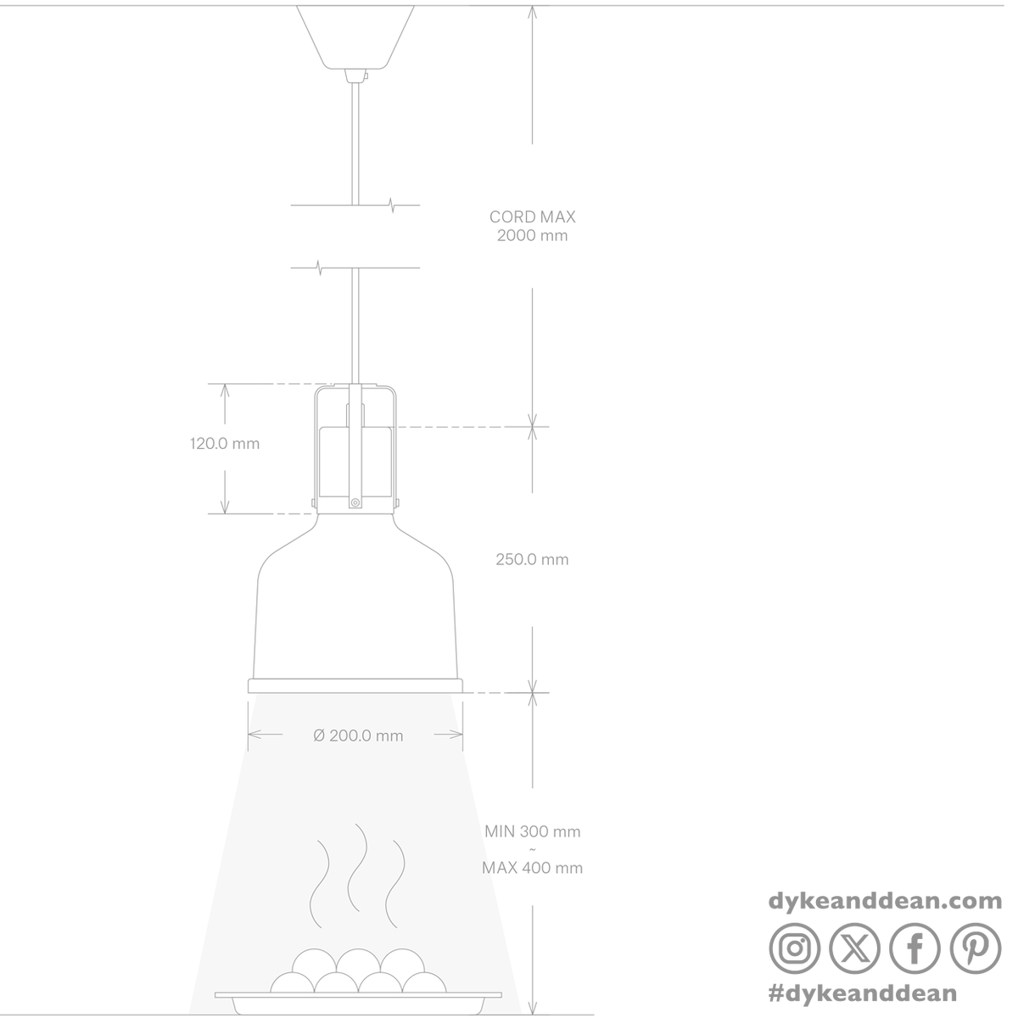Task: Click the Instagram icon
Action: pyautogui.click(x=795, y=948)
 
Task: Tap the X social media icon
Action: pyautogui.click(x=855, y=948)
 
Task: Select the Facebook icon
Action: pyautogui.click(x=915, y=948)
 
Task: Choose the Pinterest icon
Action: pyautogui.click(x=976, y=948)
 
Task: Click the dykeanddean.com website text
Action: pyautogui.click(x=885, y=902)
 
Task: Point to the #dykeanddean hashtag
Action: pyautogui.click(x=863, y=993)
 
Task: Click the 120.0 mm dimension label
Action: pyautogui.click(x=225, y=443)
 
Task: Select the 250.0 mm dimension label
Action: pyautogui.click(x=532, y=559)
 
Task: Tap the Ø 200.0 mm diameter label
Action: pyautogui.click(x=358, y=736)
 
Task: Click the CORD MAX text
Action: pyautogui.click(x=532, y=216)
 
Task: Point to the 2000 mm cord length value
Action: pyautogui.click(x=532, y=235)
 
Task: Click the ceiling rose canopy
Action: pyautogui.click(x=355, y=37)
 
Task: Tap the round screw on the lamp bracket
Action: pyautogui.click(x=355, y=502)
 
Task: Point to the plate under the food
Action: pyautogui.click(x=358, y=997)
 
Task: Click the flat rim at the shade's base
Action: pyautogui.click(x=355, y=685)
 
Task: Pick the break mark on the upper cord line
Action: pyautogui.click(x=392, y=205)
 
